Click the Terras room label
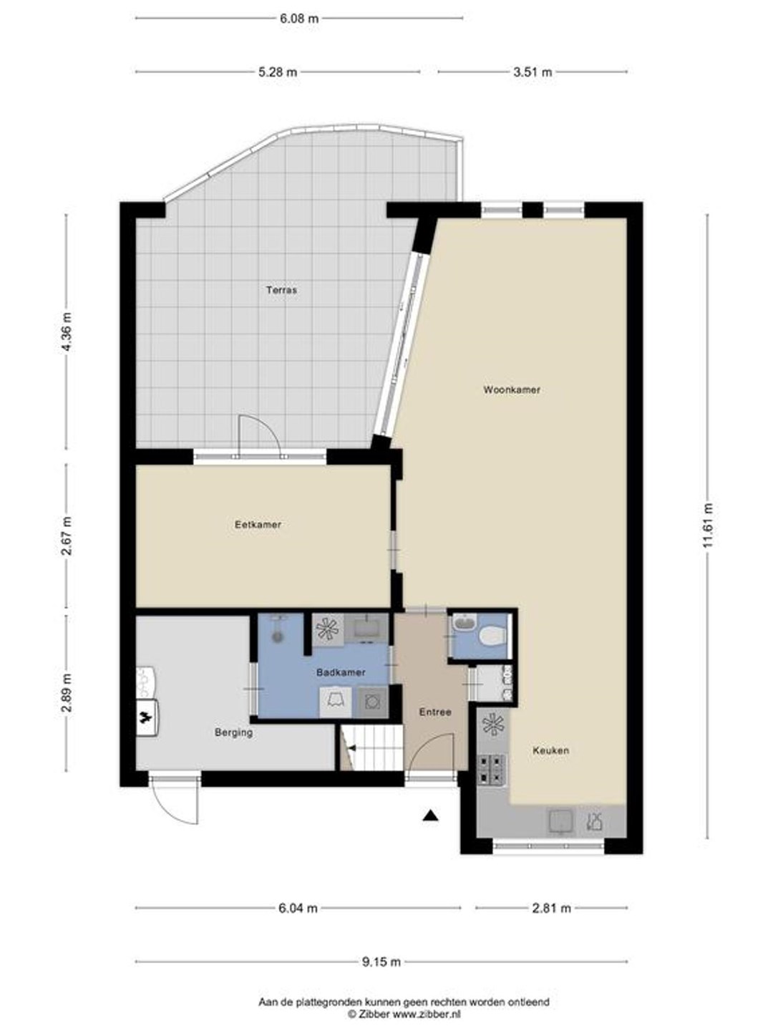pyautogui.click(x=281, y=290)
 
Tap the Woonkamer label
pyautogui.click(x=512, y=390)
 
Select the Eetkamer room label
pyautogui.click(x=258, y=525)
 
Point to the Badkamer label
pyautogui.click(x=341, y=672)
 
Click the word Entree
pyautogui.click(x=435, y=712)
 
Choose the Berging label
pyautogui.click(x=234, y=732)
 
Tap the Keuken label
pyautogui.click(x=551, y=750)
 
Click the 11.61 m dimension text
pyautogui.click(x=709, y=525)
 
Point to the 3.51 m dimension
pyautogui.click(x=533, y=72)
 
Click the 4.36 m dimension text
pyautogui.click(x=67, y=332)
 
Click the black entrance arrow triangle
pyautogui.click(x=430, y=816)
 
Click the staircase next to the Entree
pyautogui.click(x=371, y=747)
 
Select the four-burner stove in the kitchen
pyautogui.click(x=492, y=770)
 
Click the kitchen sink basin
pyautogui.click(x=560, y=821)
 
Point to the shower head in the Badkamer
pyautogui.click(x=278, y=637)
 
